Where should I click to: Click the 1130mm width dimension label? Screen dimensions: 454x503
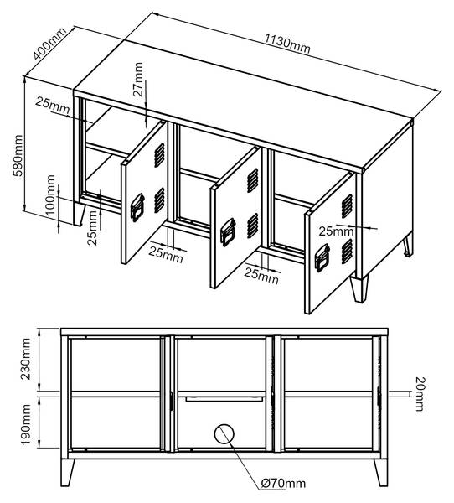(x=287, y=44)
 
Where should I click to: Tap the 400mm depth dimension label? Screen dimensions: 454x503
(x=49, y=44)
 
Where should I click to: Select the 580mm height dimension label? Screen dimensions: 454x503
(x=18, y=156)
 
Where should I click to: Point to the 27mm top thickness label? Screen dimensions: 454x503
(x=138, y=80)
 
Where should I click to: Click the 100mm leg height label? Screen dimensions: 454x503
(x=50, y=196)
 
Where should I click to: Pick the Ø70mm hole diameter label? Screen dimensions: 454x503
(x=283, y=483)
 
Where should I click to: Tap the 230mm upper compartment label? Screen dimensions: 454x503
(x=25, y=359)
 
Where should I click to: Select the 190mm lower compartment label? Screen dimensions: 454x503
(x=25, y=424)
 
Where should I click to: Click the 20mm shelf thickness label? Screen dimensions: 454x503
(x=420, y=394)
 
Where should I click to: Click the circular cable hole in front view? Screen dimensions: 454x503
(x=224, y=433)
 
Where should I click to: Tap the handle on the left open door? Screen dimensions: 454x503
(x=137, y=207)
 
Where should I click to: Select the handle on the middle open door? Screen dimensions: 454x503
(x=228, y=232)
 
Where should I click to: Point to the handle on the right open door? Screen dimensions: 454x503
(x=322, y=258)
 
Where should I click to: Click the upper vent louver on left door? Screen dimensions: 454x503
(x=159, y=155)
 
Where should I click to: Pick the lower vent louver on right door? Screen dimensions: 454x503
(x=347, y=251)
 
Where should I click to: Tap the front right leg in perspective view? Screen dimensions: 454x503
(x=359, y=288)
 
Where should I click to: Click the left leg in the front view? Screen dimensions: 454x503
(x=68, y=472)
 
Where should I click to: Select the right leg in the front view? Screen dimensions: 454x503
(x=381, y=472)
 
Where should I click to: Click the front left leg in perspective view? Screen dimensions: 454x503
(x=80, y=214)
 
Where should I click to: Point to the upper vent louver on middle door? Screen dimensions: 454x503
(x=253, y=180)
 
